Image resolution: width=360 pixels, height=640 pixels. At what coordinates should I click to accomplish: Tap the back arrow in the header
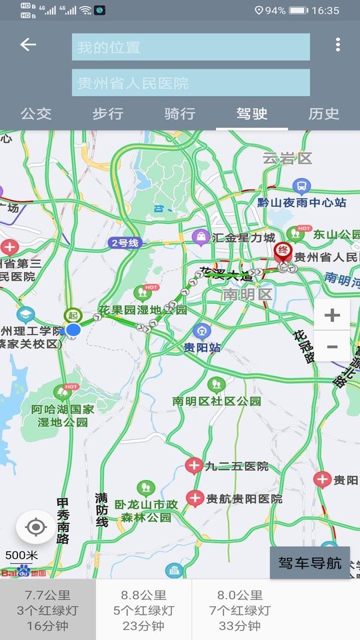pyautogui.click(x=28, y=45)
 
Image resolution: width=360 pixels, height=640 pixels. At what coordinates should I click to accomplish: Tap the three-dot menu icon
pyautogui.click(x=338, y=45)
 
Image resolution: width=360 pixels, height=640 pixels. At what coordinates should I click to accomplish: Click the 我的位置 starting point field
pyautogui.click(x=191, y=47)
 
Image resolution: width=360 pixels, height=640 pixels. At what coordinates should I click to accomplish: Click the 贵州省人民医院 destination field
pyautogui.click(x=191, y=83)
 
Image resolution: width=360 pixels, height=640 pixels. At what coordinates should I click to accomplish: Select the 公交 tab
pyautogui.click(x=36, y=114)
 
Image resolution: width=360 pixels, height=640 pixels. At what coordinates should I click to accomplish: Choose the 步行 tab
pyautogui.click(x=108, y=114)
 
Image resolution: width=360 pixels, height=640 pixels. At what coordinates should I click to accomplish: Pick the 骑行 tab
pyautogui.click(x=180, y=114)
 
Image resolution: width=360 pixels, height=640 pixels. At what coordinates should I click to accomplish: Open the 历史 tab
pyautogui.click(x=324, y=114)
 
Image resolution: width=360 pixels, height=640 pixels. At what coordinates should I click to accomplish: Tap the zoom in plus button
pyautogui.click(x=332, y=315)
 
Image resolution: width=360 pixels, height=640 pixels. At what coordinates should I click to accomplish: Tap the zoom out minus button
pyautogui.click(x=332, y=347)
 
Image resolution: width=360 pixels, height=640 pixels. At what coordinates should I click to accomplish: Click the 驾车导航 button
pyautogui.click(x=309, y=563)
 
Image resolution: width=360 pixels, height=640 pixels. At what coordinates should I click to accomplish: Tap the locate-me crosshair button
pyautogui.click(x=36, y=528)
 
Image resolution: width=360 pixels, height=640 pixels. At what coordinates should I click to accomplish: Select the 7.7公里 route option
pyautogui.click(x=48, y=610)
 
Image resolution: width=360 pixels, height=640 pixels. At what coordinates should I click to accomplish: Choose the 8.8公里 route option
pyautogui.click(x=143, y=610)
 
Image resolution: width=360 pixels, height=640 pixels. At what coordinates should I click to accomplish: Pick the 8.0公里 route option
pyautogui.click(x=240, y=610)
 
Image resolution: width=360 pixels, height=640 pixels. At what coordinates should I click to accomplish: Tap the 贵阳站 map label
pyautogui.click(x=202, y=347)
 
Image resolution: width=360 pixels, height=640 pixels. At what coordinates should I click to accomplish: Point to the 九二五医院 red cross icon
pyautogui.click(x=195, y=465)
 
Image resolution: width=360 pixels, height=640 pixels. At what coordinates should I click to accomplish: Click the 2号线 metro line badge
pyautogui.click(x=125, y=243)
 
